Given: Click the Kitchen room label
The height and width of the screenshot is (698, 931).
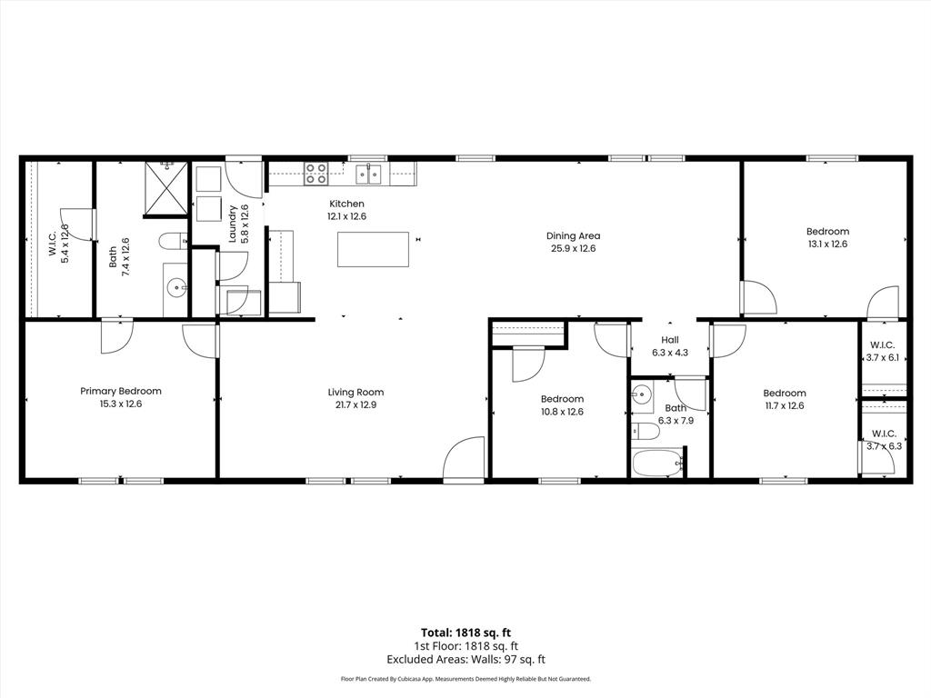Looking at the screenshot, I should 346,204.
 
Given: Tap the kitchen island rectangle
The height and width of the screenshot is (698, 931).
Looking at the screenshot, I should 373,249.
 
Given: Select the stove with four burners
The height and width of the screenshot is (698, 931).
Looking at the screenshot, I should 315,173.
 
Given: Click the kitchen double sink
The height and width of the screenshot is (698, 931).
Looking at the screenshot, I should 368,173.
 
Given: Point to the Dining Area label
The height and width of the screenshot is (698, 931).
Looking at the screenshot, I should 573,235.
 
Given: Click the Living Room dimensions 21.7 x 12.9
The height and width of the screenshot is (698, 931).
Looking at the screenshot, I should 352,405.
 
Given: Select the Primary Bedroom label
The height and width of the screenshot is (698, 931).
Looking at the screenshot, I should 121,391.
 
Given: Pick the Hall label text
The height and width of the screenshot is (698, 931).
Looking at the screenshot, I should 669,339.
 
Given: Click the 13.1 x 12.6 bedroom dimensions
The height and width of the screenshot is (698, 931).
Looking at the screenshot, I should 827,244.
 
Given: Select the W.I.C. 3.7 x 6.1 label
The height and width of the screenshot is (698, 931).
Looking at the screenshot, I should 882,352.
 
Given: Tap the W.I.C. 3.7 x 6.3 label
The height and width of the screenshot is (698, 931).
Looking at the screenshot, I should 885,440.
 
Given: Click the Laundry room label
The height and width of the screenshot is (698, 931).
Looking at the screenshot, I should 234,223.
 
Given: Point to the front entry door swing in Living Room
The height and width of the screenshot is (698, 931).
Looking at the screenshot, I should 464,459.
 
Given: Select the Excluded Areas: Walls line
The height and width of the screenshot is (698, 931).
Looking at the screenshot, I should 465,660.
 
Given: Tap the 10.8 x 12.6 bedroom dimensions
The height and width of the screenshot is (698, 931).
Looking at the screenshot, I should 562,412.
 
